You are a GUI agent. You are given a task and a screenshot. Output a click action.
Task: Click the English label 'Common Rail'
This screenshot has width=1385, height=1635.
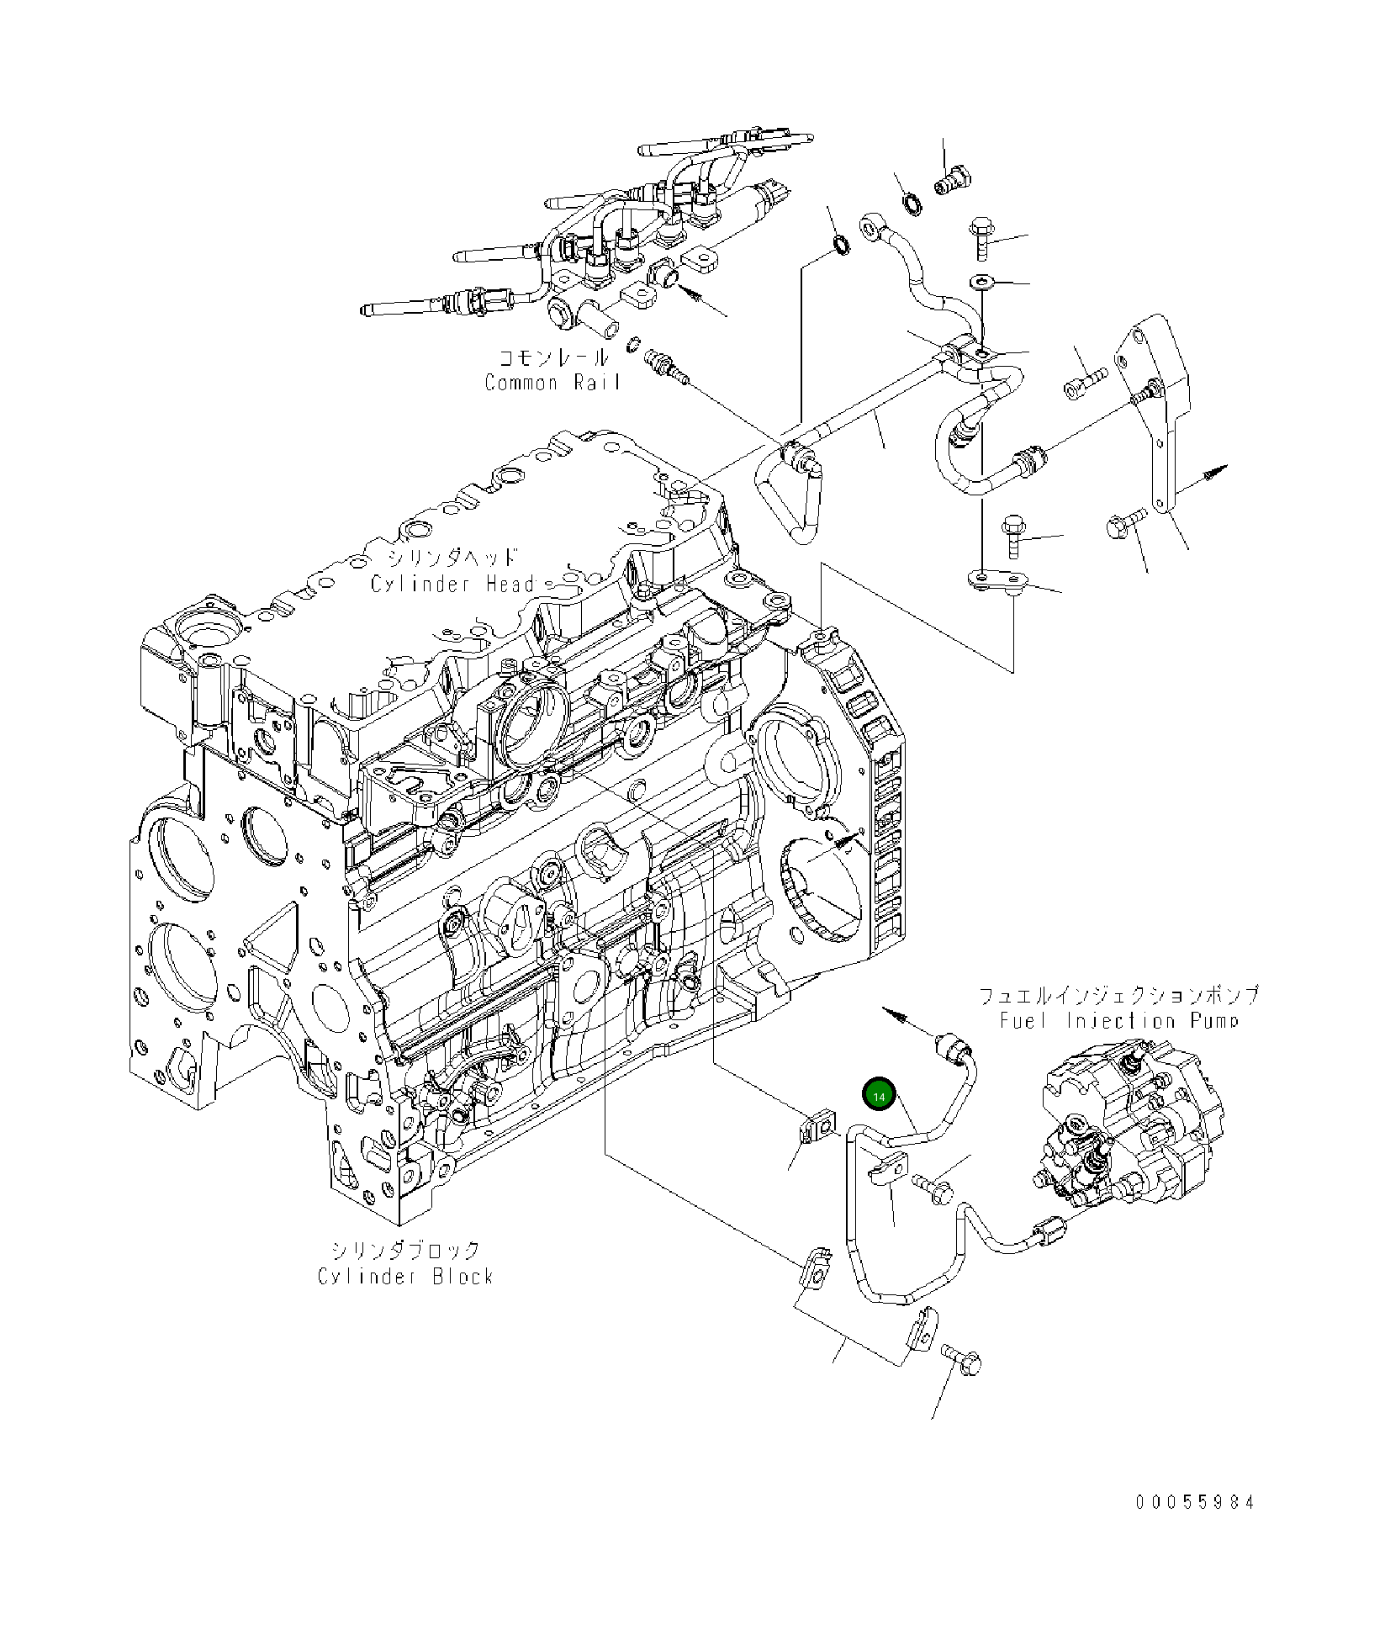(552, 383)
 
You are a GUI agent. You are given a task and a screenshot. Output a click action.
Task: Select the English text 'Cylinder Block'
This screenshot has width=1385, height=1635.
(405, 1276)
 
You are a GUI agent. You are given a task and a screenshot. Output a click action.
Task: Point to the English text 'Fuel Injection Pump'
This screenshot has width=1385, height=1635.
(1119, 1021)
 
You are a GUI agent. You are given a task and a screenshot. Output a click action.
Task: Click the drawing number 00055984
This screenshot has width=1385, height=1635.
(1194, 1479)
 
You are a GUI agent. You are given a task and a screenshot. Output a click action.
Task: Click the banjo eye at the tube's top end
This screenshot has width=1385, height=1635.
(870, 225)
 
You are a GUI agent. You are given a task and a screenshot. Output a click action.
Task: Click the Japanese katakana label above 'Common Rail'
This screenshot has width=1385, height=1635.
(552, 358)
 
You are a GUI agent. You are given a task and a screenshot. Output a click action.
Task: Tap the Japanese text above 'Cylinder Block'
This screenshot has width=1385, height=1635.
(404, 1251)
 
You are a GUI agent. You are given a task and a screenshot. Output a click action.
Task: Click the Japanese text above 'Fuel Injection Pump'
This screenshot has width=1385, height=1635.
(1119, 996)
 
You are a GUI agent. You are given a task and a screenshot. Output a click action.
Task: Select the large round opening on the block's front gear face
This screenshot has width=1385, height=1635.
(180, 849)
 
